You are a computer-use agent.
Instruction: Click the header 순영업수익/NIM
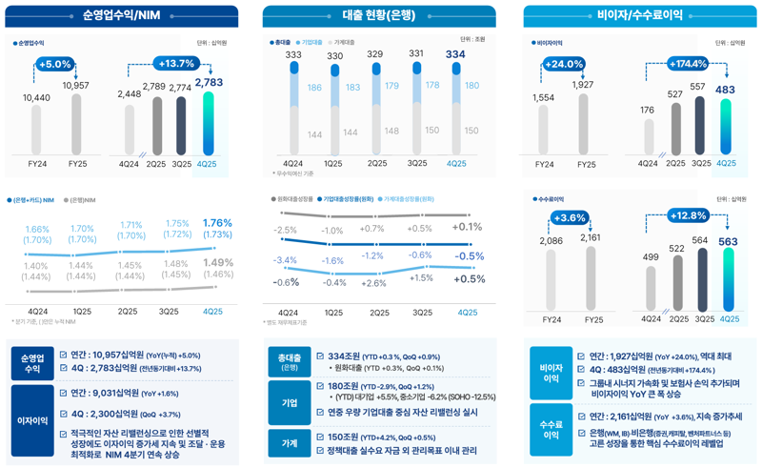[121, 15]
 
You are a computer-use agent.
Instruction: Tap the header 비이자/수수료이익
[639, 15]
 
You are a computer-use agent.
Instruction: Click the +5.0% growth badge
[55, 64]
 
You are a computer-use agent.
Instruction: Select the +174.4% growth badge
[687, 64]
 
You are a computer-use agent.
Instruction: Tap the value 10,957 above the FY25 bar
[75, 86]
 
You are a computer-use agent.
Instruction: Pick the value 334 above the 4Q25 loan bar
[455, 54]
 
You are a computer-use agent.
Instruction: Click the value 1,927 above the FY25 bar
[582, 85]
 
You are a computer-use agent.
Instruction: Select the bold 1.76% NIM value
[217, 223]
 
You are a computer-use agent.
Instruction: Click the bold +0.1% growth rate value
[468, 227]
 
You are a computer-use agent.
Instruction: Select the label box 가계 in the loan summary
[290, 443]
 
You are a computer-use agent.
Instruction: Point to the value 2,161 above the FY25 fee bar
[591, 237]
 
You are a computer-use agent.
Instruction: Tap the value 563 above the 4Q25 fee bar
[728, 242]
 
